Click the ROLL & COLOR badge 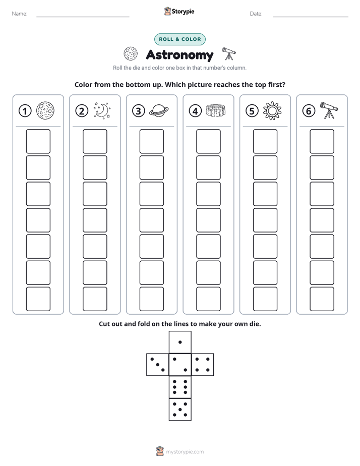click(179, 39)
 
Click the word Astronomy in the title click(179, 55)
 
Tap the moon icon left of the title click(131, 54)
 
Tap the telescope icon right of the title click(229, 53)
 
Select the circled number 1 click(25, 111)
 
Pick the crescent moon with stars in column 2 click(102, 111)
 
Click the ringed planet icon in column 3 click(159, 111)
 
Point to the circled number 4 click(195, 111)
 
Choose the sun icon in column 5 click(272, 111)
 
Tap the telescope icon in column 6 click(329, 110)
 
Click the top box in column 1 click(38, 141)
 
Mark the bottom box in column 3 click(151, 299)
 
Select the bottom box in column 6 click(322, 299)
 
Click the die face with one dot click(180, 342)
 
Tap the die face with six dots click(180, 387)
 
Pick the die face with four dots click(203, 364)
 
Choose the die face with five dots click(180, 410)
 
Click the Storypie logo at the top click(179, 11)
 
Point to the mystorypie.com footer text click(185, 452)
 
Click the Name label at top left click(20, 14)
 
